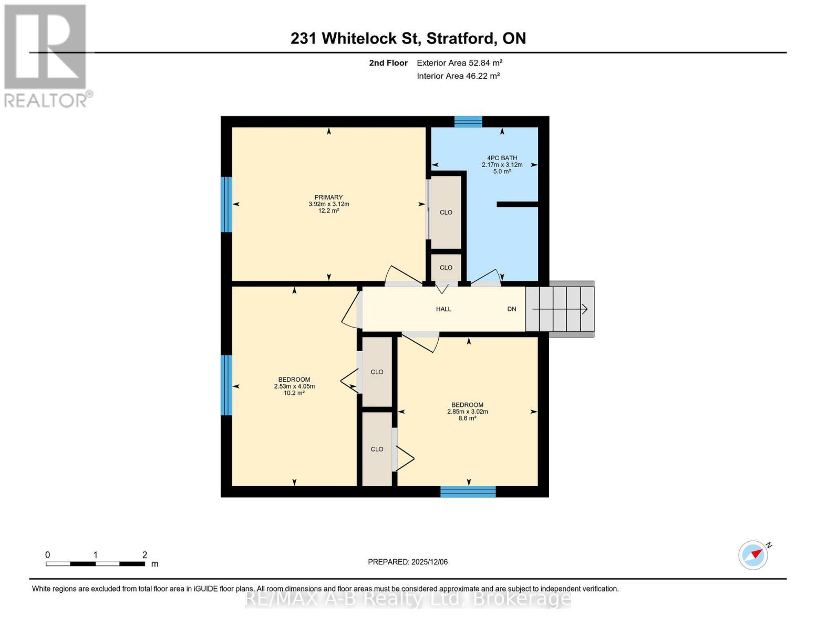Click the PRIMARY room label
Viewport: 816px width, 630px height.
point(328,197)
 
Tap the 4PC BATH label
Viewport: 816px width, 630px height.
point(502,157)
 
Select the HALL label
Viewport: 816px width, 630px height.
point(443,309)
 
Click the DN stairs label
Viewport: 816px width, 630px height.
point(511,309)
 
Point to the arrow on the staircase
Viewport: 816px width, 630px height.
point(560,309)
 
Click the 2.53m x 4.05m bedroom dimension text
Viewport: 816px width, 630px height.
point(294,386)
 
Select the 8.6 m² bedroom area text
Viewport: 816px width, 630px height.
point(467,418)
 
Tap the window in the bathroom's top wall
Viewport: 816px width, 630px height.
point(468,122)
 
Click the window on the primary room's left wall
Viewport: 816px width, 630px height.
point(226,204)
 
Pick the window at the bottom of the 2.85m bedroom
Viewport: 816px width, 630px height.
point(468,491)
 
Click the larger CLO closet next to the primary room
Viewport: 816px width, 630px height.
point(446,212)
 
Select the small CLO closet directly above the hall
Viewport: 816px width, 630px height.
point(446,268)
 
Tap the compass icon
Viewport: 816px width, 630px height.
point(753,555)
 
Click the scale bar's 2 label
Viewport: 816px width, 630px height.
point(144,555)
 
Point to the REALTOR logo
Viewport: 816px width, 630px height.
point(46,56)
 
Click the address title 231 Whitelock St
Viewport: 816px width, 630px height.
point(408,38)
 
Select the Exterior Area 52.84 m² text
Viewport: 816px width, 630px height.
point(459,63)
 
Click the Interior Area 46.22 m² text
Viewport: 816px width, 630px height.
point(458,76)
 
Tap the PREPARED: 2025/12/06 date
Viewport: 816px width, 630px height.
point(408,562)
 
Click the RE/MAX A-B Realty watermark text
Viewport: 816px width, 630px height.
point(408,598)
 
